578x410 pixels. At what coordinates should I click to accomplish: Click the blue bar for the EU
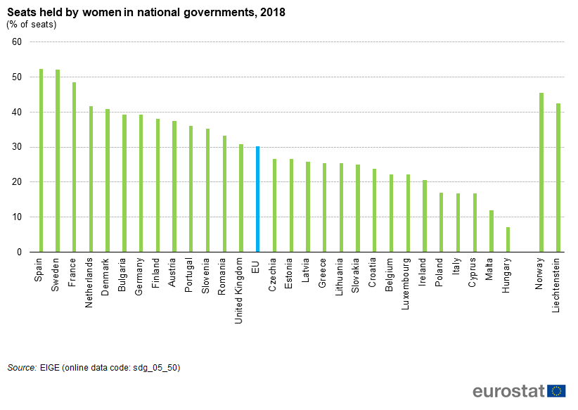click(258, 199)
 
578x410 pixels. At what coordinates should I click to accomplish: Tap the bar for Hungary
click(508, 240)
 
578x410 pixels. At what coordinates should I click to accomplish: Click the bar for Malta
click(492, 231)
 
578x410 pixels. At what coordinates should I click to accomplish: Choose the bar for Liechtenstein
click(558, 177)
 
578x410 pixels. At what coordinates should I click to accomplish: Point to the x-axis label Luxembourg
click(408, 283)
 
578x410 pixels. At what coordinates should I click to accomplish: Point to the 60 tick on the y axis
click(18, 42)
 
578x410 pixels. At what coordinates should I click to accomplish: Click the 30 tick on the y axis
click(18, 147)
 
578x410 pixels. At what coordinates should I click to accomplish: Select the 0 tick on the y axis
click(20, 252)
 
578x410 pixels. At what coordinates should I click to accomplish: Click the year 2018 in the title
click(272, 13)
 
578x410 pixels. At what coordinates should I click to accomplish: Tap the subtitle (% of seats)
click(32, 25)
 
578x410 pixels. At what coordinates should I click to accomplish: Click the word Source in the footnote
click(22, 367)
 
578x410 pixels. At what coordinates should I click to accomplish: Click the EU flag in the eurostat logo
click(558, 392)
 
